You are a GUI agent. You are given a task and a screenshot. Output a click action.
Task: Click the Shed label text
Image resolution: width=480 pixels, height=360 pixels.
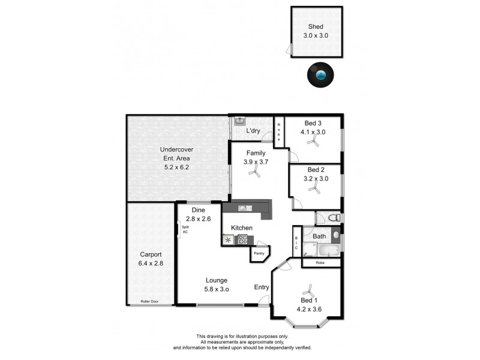click(316, 26)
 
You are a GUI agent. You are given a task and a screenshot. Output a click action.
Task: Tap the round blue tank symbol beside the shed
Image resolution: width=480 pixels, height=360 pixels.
click(322, 75)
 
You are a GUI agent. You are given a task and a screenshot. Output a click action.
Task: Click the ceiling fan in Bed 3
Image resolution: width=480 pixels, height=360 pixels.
click(313, 142)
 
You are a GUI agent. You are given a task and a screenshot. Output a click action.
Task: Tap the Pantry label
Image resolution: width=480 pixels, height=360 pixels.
click(259, 253)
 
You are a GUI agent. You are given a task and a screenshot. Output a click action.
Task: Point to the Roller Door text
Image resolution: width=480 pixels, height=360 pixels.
click(150, 301)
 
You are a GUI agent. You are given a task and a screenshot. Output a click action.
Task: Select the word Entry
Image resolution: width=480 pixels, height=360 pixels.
click(262, 287)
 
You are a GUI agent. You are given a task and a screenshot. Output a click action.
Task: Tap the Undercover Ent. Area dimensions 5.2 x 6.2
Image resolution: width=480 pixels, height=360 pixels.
click(176, 167)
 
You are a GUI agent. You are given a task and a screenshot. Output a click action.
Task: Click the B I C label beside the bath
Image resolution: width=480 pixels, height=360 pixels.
click(296, 244)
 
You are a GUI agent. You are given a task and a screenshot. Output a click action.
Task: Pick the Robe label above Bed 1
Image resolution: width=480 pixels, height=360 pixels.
click(321, 263)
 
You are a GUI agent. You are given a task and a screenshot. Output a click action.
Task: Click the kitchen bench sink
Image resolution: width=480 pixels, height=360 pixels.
click(245, 209)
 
